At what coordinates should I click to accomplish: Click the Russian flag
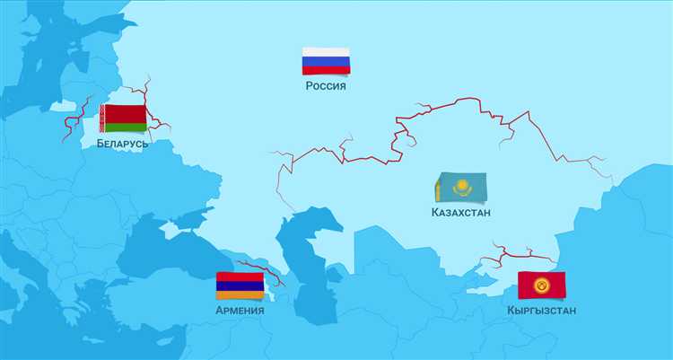click(x=326, y=61)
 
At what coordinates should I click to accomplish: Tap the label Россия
click(x=326, y=86)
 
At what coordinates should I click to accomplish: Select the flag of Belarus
click(x=123, y=119)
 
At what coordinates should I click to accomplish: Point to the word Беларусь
click(x=123, y=143)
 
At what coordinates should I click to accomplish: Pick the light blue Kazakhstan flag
click(x=461, y=188)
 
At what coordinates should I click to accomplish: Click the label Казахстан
click(x=460, y=213)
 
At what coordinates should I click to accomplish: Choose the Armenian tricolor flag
click(x=240, y=286)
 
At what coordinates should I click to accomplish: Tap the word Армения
click(x=240, y=311)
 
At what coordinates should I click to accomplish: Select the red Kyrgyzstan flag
click(x=542, y=285)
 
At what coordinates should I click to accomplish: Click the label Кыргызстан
click(x=541, y=311)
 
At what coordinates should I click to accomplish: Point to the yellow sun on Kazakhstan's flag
click(x=462, y=187)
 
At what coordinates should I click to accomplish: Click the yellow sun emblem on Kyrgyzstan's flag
click(x=542, y=285)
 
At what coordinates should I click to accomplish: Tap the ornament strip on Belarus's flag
click(x=103, y=119)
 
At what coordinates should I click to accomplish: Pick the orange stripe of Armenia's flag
click(x=240, y=295)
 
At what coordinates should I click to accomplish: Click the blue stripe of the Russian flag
click(x=326, y=61)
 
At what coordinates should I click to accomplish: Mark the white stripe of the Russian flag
click(x=326, y=52)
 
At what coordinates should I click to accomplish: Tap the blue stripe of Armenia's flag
click(x=240, y=286)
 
